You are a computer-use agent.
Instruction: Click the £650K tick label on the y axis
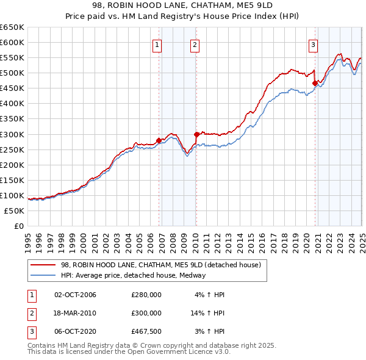point(12,27)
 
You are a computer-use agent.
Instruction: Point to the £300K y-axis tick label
point(12,134)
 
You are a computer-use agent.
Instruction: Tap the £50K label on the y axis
point(15,211)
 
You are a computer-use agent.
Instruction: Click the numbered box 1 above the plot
point(157,44)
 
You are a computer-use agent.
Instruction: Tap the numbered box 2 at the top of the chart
point(194,44)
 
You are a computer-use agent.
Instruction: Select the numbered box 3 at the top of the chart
point(312,44)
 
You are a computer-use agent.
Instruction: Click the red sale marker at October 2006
point(159,140)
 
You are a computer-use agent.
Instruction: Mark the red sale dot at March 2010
point(196,134)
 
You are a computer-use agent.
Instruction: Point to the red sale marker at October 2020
point(315,83)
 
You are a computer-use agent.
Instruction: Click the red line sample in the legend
point(44,265)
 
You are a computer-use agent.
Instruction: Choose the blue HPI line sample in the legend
point(44,275)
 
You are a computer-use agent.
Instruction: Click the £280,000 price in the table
point(146,295)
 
